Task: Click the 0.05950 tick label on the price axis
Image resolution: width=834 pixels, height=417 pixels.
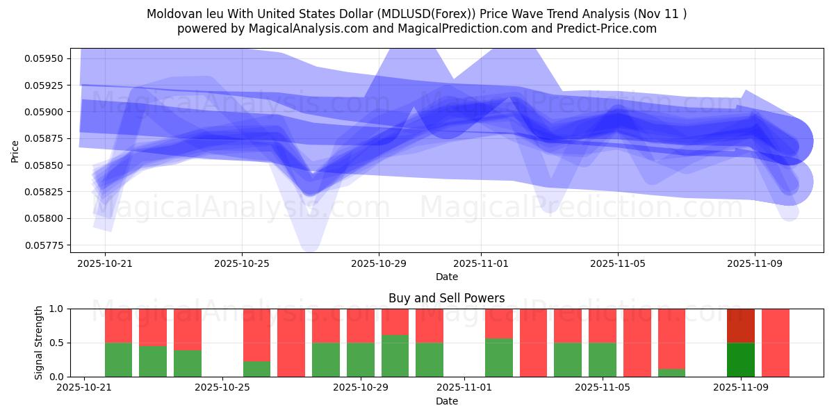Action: [44, 58]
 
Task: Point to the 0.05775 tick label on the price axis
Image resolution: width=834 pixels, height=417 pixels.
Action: [44, 245]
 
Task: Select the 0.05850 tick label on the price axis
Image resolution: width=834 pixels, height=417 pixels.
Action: [44, 165]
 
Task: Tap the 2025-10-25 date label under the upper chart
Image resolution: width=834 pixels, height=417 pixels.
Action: [242, 264]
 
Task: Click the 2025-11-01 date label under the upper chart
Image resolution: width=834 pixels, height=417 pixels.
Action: [481, 264]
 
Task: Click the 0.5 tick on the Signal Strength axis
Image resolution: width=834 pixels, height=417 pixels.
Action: [56, 343]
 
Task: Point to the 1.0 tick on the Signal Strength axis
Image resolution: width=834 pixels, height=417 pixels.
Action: [56, 309]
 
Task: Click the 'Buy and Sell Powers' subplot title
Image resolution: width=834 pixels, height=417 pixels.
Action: [446, 298]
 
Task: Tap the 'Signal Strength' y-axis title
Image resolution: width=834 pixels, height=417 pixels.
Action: [39, 343]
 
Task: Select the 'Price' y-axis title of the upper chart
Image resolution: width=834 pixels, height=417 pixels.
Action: [15, 151]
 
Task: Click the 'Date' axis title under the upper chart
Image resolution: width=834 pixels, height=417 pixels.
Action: [446, 277]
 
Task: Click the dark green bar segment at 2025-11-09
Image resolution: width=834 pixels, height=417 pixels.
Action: [741, 359]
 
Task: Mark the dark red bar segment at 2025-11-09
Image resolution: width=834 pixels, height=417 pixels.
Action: [741, 325]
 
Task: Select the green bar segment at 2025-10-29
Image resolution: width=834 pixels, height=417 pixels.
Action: [361, 359]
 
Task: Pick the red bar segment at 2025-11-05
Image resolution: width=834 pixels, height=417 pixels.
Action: [603, 325]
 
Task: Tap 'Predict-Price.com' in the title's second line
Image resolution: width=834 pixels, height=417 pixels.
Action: [603, 28]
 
